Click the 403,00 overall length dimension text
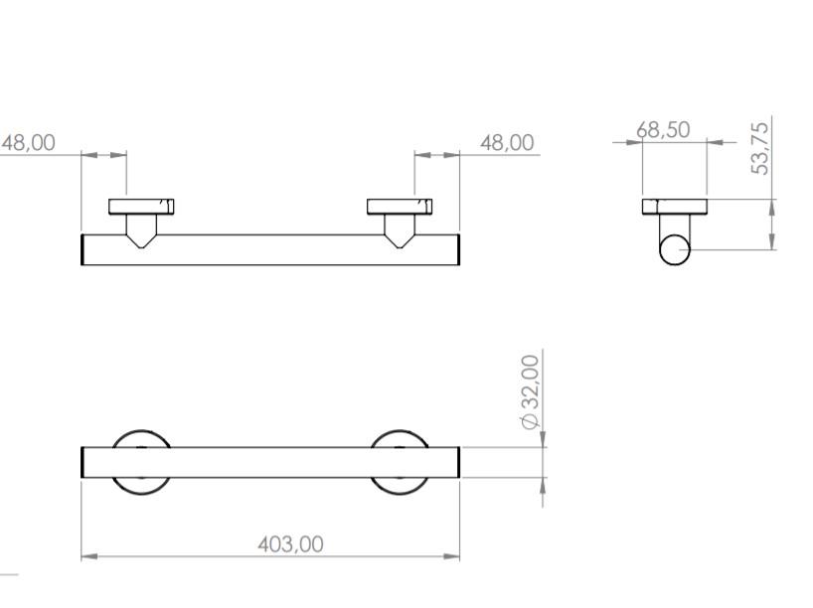point(290,544)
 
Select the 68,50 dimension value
point(663,130)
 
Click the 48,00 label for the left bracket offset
point(28,142)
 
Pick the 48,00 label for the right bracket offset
point(507,142)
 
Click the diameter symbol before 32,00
point(531,421)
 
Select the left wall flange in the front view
point(142,207)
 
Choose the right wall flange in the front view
point(400,207)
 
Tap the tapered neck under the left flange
point(142,229)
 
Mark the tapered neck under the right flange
point(400,229)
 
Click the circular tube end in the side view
point(675,249)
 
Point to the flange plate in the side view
point(674,207)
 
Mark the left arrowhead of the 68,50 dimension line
point(636,142)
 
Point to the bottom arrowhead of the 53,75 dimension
point(772,242)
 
